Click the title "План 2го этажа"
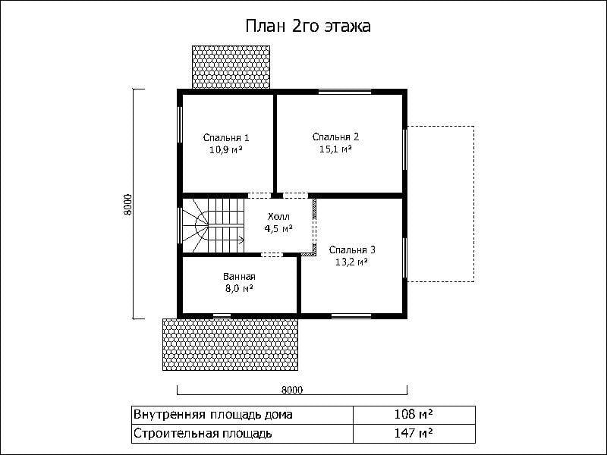308,26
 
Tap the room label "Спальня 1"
226,138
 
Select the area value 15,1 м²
335,149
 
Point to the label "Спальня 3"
352,250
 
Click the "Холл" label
278,217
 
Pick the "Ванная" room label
239,277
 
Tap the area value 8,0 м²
239,289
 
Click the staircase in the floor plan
213,225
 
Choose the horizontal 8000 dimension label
292,390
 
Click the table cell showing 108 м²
414,415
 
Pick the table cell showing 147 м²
414,433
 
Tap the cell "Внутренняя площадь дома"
242,415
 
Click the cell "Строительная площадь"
242,433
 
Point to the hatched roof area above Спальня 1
231,67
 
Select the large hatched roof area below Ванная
231,344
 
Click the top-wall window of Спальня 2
344,92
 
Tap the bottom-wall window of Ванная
222,316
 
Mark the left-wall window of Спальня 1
180,124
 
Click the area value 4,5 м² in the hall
278,229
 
